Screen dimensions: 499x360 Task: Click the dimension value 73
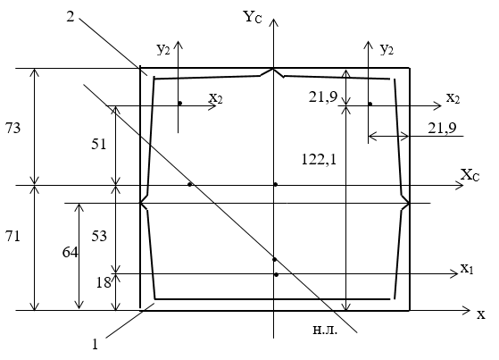click(x=12, y=128)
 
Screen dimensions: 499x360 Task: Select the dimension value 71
click(x=12, y=237)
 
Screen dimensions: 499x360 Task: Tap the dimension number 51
click(x=99, y=145)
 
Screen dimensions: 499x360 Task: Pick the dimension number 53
click(x=99, y=236)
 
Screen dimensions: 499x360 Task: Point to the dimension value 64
click(x=70, y=252)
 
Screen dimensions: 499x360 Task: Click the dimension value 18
click(x=104, y=282)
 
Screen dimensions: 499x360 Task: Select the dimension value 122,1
click(x=319, y=159)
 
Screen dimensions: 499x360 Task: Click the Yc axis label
click(x=253, y=17)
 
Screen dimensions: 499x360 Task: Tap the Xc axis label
click(x=470, y=175)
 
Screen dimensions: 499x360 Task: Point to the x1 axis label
click(x=467, y=269)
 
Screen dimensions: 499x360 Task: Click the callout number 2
click(x=71, y=17)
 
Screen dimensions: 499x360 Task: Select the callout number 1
click(x=95, y=345)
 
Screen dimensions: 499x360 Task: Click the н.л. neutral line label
click(x=325, y=330)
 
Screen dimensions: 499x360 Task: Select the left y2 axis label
click(x=163, y=49)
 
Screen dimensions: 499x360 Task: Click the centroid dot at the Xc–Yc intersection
click(x=276, y=184)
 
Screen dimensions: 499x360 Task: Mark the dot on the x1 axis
click(x=276, y=274)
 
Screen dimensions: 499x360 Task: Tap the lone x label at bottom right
click(x=481, y=314)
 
